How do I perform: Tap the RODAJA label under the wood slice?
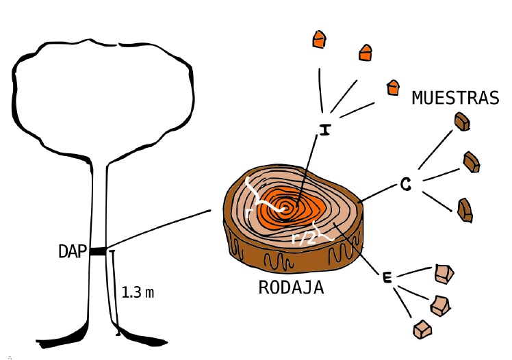[x=290, y=287]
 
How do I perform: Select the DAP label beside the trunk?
[x=72, y=252]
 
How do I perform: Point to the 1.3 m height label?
[x=138, y=293]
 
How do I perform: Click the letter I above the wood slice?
[x=324, y=129]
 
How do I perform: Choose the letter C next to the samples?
[x=405, y=184]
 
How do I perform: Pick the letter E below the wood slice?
[x=387, y=277]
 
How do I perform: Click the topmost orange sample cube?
[x=318, y=39]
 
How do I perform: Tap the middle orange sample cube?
[x=366, y=52]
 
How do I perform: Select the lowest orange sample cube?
[x=392, y=87]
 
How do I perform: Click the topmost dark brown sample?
[x=463, y=122]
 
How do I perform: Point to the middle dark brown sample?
[x=472, y=162]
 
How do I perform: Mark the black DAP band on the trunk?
[x=97, y=251]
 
